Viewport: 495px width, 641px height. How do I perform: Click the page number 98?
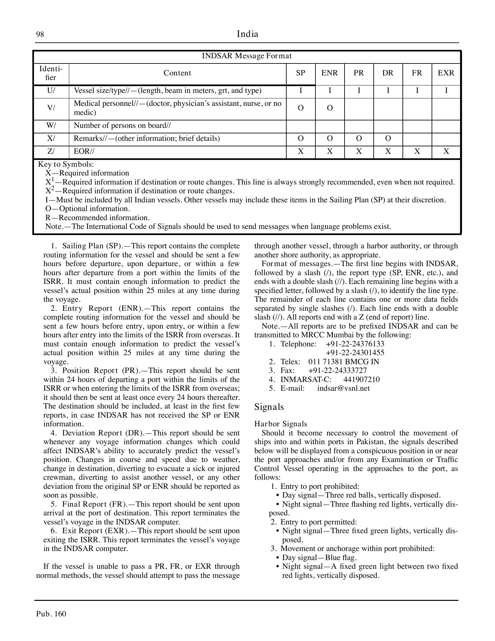coord(40,34)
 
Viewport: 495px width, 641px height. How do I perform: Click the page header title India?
coord(247,34)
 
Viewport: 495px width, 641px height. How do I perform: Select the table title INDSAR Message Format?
coord(247,56)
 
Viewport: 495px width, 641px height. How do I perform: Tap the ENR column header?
coord(329,73)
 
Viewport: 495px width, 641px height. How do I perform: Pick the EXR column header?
coord(446,73)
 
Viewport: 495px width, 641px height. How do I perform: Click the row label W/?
coord(51,126)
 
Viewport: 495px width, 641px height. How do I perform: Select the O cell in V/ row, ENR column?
coord(329,108)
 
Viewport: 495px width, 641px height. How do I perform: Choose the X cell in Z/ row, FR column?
coord(417,152)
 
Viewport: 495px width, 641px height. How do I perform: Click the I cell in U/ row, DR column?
coord(388,91)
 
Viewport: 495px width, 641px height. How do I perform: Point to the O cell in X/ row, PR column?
coord(358,139)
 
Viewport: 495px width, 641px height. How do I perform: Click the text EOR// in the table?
coord(84,152)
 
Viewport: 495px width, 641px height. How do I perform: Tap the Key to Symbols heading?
coord(66,164)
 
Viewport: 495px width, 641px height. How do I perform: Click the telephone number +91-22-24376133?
coord(355,344)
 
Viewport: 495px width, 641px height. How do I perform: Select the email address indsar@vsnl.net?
coord(343,388)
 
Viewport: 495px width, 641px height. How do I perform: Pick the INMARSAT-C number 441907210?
coord(361,379)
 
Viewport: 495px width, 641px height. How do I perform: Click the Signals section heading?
coord(269,407)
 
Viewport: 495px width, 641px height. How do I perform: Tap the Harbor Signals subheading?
coord(280,424)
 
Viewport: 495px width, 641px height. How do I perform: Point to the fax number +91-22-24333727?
coord(337,370)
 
